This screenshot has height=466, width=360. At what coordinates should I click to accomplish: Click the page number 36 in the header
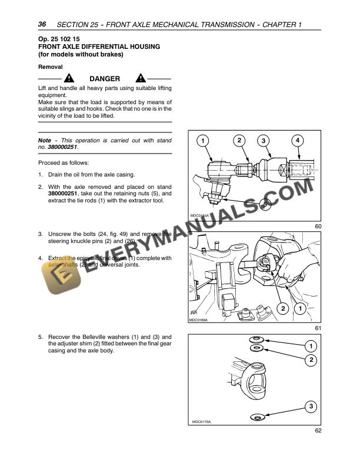click(42, 24)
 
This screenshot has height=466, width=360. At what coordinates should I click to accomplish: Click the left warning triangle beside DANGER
click(69, 79)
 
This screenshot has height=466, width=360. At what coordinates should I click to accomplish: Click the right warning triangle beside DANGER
click(140, 79)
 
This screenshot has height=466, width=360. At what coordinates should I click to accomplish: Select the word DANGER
click(105, 79)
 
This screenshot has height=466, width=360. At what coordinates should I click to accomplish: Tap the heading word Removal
click(50, 67)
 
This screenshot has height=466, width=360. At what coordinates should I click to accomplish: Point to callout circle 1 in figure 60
click(202, 141)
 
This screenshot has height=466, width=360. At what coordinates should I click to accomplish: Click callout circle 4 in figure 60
click(298, 141)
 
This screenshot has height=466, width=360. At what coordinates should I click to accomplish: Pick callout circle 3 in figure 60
click(264, 141)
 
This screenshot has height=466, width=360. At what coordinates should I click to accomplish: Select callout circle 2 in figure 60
click(239, 140)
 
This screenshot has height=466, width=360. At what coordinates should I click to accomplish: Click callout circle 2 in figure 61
click(282, 308)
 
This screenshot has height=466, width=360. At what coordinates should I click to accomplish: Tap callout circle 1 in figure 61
click(300, 308)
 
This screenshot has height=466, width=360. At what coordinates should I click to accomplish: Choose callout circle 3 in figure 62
click(310, 406)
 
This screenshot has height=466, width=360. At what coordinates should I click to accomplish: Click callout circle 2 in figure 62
click(311, 359)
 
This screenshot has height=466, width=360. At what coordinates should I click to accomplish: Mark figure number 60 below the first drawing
click(318, 226)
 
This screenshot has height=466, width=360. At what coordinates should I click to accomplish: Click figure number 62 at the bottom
click(318, 431)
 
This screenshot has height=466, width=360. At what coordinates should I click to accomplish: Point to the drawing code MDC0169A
click(199, 320)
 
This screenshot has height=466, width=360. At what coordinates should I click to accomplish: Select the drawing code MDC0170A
click(201, 422)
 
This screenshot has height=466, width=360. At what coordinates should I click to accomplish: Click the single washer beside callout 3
click(257, 417)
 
